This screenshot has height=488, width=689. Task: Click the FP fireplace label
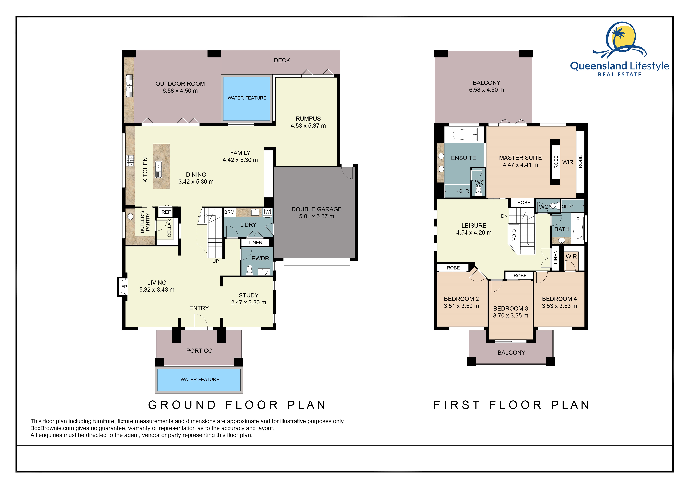pyautogui.click(x=124, y=287)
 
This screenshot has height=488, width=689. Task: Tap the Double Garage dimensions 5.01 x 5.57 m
pyautogui.click(x=317, y=216)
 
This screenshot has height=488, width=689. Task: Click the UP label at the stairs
pyautogui.click(x=216, y=261)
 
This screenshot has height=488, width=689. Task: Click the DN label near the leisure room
pyautogui.click(x=504, y=216)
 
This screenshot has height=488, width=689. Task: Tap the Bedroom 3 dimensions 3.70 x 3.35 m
pyautogui.click(x=511, y=316)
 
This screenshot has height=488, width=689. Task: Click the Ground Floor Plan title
pyautogui.click(x=237, y=405)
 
